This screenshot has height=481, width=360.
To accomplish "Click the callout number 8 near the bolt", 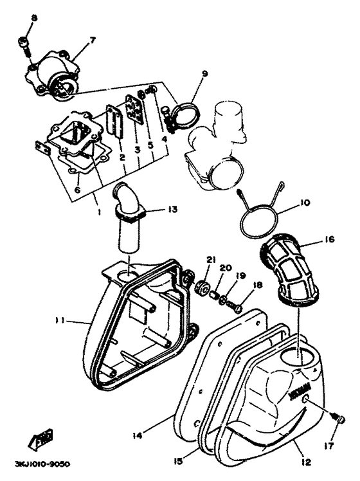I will [35, 18].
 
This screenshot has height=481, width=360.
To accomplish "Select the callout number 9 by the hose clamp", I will [204, 75].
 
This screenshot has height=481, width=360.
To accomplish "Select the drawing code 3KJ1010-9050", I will [40, 464].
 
